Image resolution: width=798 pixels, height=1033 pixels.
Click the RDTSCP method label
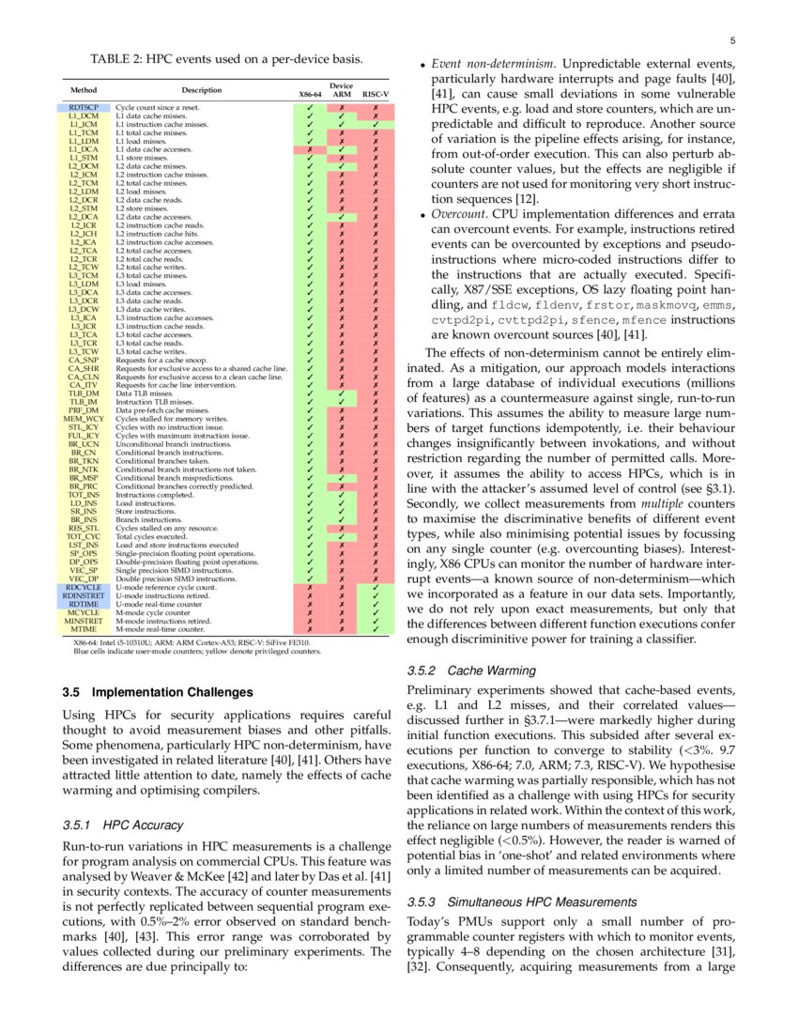point(84,108)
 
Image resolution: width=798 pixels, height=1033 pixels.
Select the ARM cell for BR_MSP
point(343,478)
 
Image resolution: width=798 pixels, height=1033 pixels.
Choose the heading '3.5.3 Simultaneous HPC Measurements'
point(523,902)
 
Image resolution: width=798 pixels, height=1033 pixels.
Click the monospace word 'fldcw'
point(510,305)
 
